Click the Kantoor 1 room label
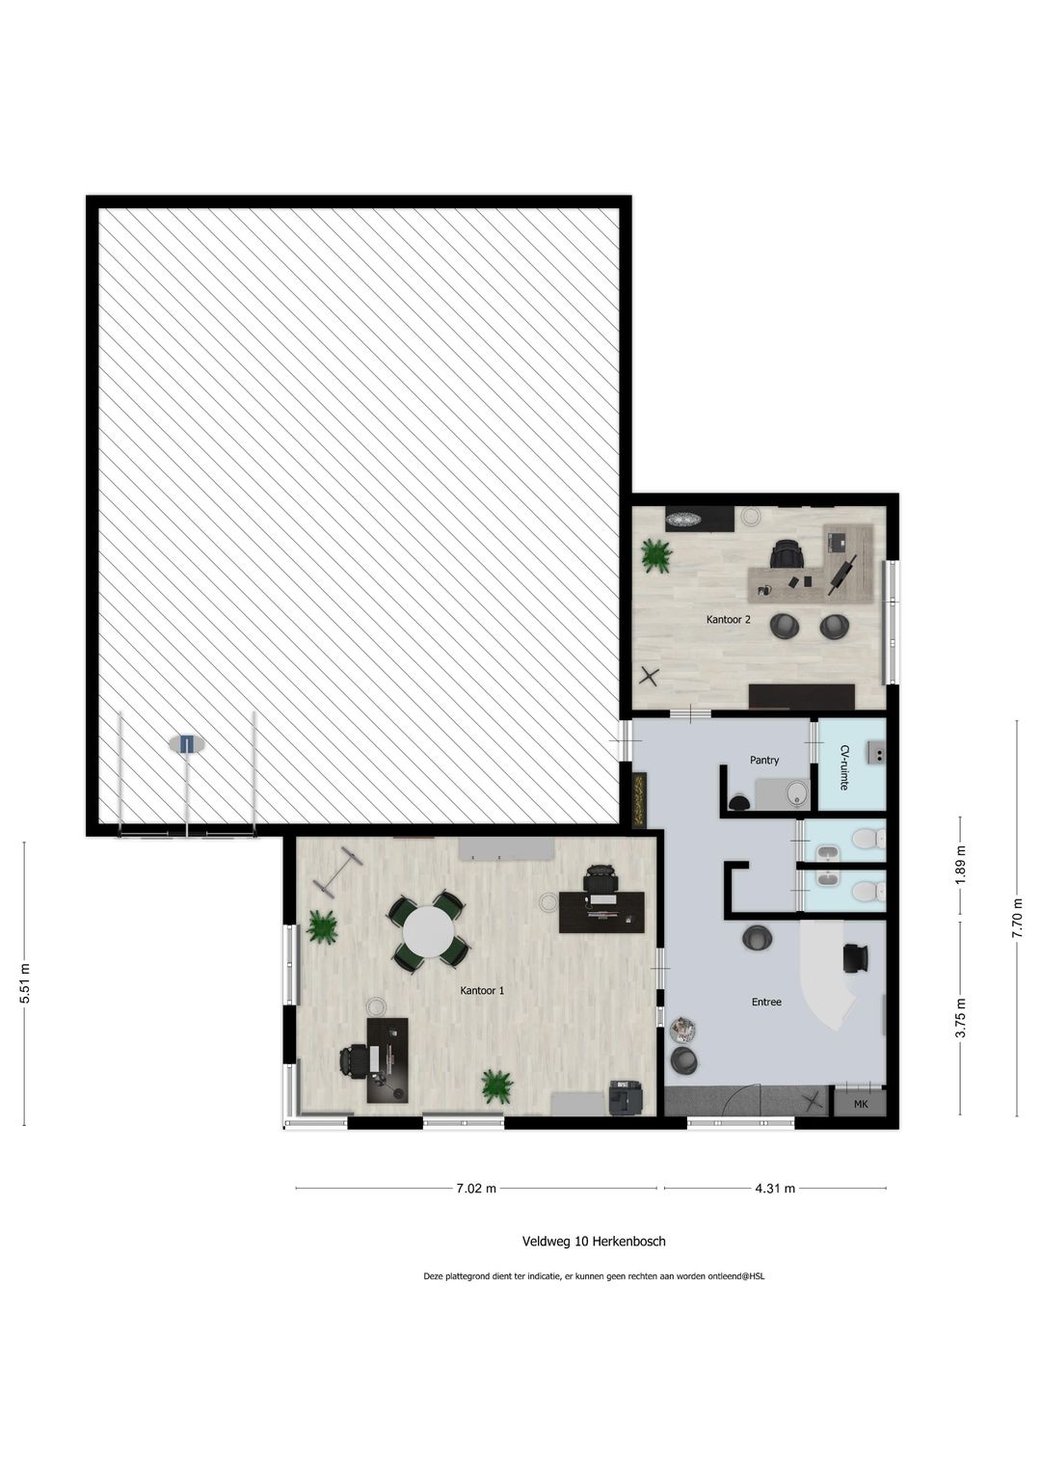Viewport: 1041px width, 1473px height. [482, 990]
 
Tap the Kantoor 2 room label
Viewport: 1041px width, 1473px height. [728, 619]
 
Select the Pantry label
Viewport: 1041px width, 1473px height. [764, 760]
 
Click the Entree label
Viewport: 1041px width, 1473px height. [766, 1002]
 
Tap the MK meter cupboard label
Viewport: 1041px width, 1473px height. [860, 1104]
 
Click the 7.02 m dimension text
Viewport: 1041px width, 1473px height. [476, 1189]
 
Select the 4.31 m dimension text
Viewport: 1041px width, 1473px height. [775, 1189]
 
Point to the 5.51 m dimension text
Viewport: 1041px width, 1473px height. [25, 983]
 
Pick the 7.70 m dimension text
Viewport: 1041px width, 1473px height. [1017, 918]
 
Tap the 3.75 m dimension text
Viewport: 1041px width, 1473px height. [961, 1017]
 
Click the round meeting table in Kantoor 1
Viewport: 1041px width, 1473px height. [428, 930]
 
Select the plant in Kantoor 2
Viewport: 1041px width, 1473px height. [655, 555]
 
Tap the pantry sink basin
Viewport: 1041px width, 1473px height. [799, 793]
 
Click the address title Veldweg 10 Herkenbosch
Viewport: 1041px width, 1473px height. [594, 1242]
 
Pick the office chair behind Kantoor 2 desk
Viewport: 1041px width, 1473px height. [787, 552]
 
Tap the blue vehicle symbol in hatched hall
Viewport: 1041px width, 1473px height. [187, 744]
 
